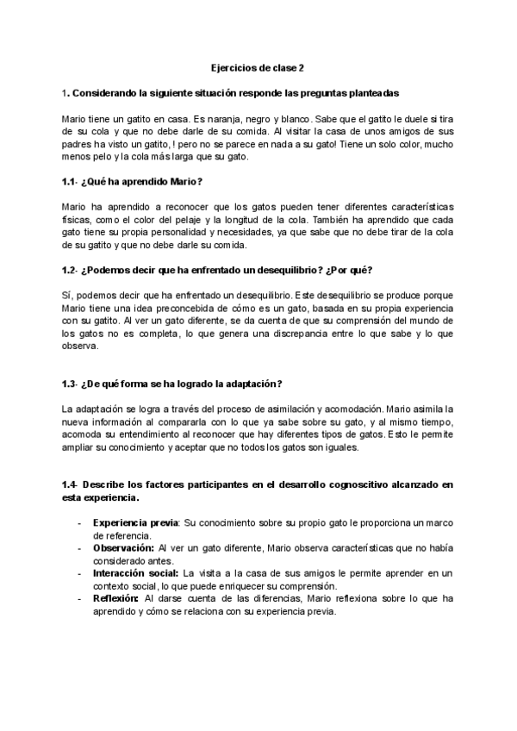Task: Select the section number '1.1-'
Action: pyautogui.click(x=72, y=182)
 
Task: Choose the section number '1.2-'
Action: pyautogui.click(x=72, y=271)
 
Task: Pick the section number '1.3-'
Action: pyautogui.click(x=72, y=384)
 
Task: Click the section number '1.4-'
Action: pyautogui.click(x=72, y=484)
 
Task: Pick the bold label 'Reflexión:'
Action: pyautogui.click(x=116, y=597)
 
